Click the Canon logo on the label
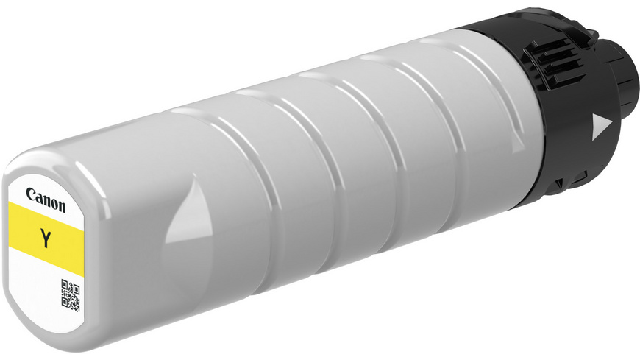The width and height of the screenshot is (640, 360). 46,200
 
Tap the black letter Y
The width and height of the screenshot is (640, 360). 46,239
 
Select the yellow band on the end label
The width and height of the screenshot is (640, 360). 46,237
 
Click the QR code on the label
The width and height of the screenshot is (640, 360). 70,294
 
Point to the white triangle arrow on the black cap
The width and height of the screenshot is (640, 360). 601,127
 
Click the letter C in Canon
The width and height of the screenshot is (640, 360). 31,194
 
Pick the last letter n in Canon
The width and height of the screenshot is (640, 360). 61,207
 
